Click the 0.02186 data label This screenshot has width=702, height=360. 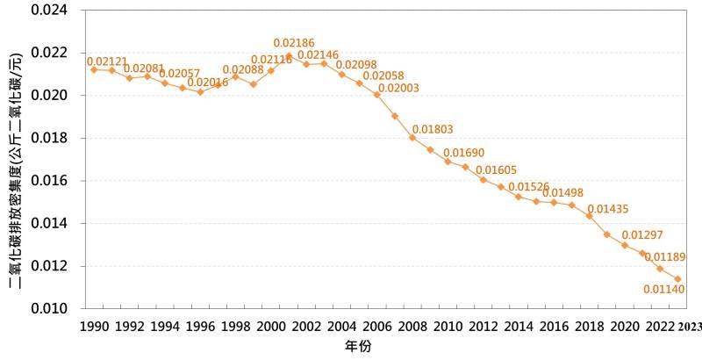click(x=294, y=43)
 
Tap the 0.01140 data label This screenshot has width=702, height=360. click(x=664, y=289)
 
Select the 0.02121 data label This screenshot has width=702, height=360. click(x=105, y=60)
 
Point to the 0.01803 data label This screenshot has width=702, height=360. click(x=433, y=129)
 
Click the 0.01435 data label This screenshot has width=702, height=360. click(x=608, y=209)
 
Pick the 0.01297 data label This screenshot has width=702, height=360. click(x=642, y=235)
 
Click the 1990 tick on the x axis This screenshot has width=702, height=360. click(x=93, y=326)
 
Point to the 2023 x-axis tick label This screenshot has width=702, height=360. click(x=690, y=326)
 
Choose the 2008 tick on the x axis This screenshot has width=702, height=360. click(x=412, y=326)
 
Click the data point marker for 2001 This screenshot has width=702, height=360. click(x=289, y=56)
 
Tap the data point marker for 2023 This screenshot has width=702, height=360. click(x=678, y=279)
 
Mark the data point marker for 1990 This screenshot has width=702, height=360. click(x=94, y=68)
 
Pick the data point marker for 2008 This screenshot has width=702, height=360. click(x=412, y=138)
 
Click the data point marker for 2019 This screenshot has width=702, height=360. click(x=607, y=234)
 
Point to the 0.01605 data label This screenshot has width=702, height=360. click(x=496, y=170)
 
